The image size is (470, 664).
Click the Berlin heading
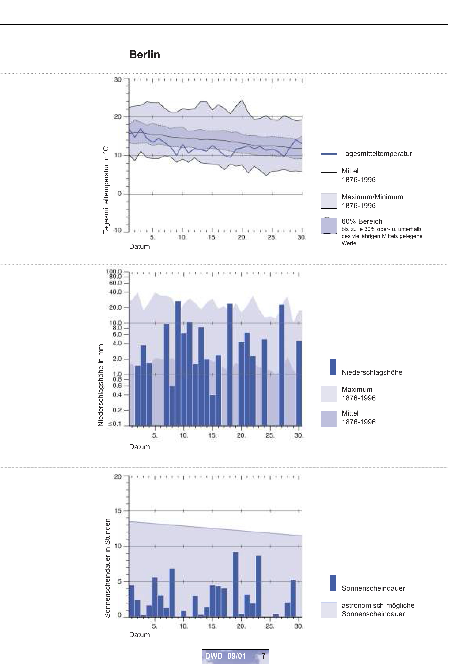[x=144, y=54]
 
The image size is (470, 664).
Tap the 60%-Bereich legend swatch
[x=328, y=225]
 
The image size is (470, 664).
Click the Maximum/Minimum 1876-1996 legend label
[x=372, y=201]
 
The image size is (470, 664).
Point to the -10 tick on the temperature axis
[x=117, y=230]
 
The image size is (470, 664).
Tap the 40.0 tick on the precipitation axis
[x=115, y=292]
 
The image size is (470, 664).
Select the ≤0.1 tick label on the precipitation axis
[x=115, y=424]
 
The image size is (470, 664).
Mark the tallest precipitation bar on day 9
[x=178, y=363]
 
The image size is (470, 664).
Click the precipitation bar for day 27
[x=282, y=365]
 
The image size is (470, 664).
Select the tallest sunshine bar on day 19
[x=236, y=584]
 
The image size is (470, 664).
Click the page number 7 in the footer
[x=263, y=656]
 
